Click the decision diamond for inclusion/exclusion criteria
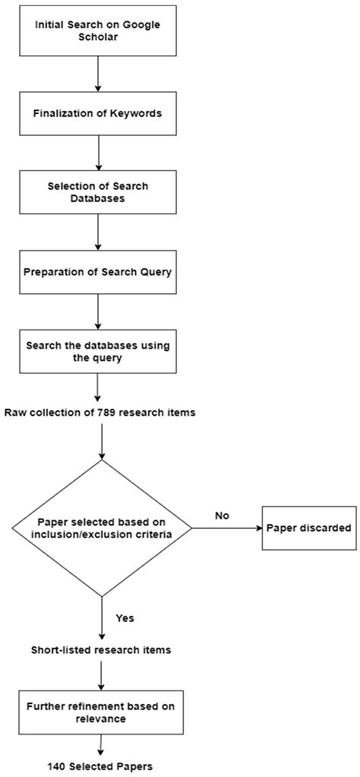pos(101,529)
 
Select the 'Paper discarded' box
pos(309,528)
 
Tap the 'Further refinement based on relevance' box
pos(99,712)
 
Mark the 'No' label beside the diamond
pos(221,516)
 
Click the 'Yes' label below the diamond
pos(125,617)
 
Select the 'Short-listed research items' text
pos(99,651)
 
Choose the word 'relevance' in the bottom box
pos(99,719)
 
